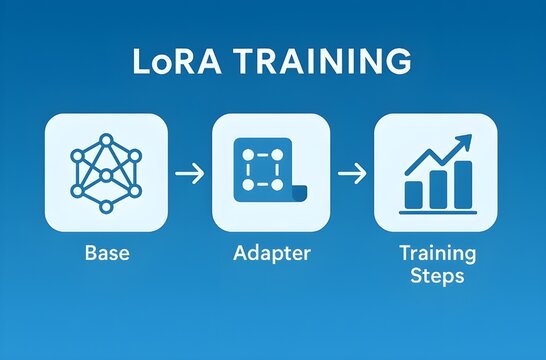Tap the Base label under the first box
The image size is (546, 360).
pos(106,253)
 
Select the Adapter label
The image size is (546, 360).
pos(272,253)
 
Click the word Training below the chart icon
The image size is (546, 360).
pos(437,253)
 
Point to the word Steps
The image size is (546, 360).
pos(437,276)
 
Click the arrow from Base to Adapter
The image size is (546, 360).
pos(189,173)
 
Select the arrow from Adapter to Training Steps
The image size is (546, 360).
pos(352,173)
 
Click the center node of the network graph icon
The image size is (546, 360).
pos(106,175)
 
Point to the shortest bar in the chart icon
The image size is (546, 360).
pos(412,194)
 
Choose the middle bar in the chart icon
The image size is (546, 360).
pos(437,189)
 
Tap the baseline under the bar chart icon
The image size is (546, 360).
pos(437,211)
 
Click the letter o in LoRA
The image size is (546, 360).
pos(158,63)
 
